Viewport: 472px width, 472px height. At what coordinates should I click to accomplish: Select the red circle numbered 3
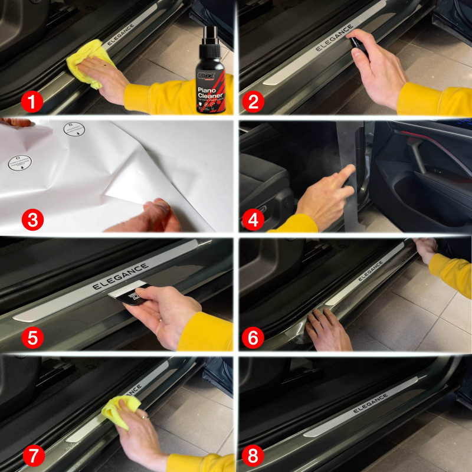(x=32, y=220)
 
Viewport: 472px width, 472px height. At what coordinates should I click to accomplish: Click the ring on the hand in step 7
(x=145, y=417)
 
